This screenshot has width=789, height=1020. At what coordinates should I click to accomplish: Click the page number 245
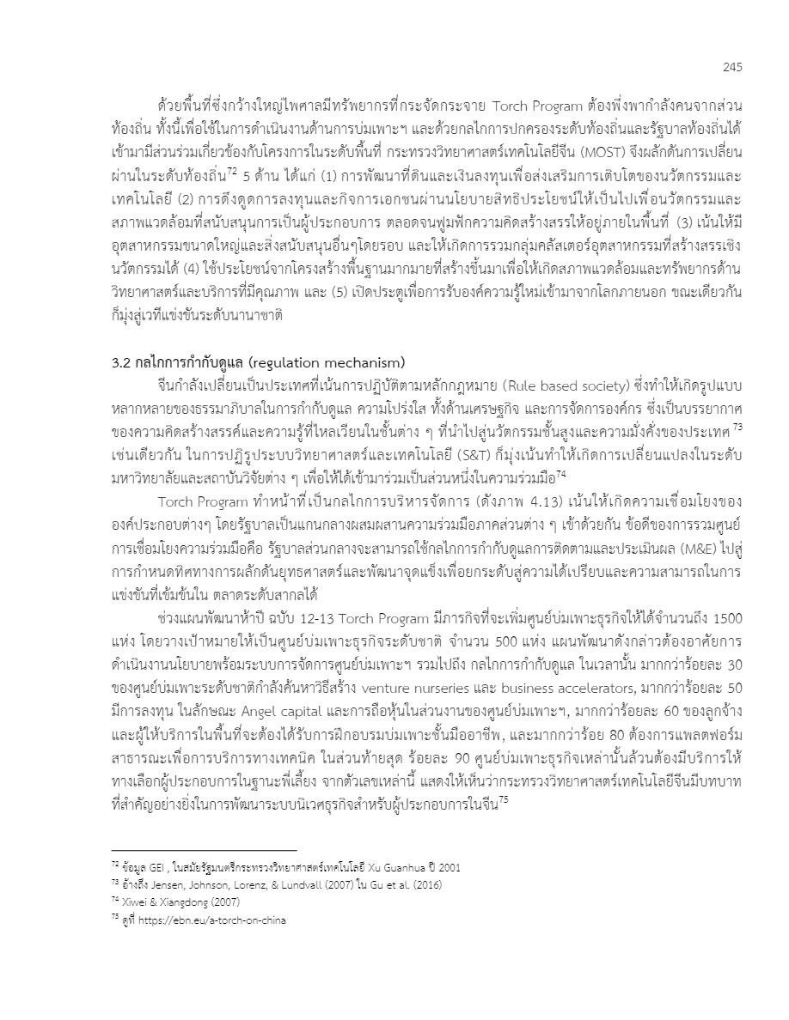(x=731, y=68)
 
